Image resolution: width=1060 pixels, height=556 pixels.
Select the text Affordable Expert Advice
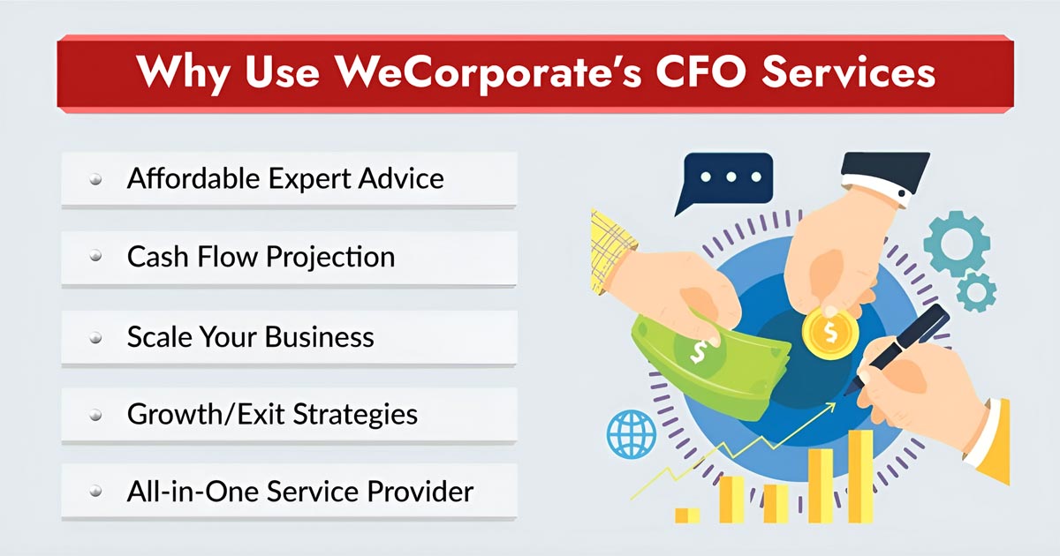(x=284, y=179)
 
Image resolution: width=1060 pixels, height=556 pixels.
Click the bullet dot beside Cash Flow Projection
(x=95, y=258)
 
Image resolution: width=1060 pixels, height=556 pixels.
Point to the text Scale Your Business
(x=250, y=336)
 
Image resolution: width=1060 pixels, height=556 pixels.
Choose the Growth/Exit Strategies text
(x=272, y=414)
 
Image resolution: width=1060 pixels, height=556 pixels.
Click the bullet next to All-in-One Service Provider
(x=95, y=492)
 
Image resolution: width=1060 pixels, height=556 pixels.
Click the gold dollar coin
(x=829, y=333)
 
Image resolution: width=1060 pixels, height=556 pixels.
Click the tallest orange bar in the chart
(x=860, y=476)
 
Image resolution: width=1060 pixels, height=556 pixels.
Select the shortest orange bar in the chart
(x=687, y=515)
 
